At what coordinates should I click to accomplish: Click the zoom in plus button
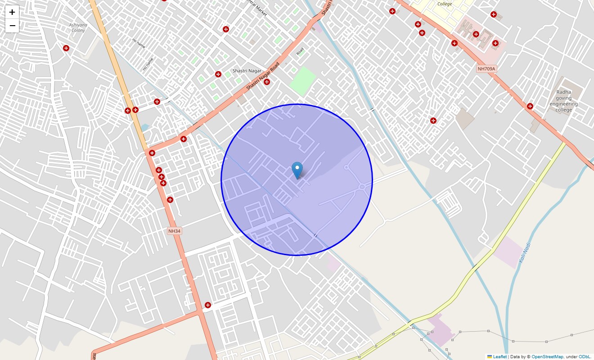point(12,12)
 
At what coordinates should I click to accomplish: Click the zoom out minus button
point(12,26)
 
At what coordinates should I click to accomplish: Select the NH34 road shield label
point(174,231)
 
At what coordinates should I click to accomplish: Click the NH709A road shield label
point(486,69)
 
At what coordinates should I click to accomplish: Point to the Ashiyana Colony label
point(78,27)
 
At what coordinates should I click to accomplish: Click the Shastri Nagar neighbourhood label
point(247,71)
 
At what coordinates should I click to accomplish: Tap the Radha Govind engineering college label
point(563,101)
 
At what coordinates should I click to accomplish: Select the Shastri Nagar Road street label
point(263,76)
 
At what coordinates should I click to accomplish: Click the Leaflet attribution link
point(499,356)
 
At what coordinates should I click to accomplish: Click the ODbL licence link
point(585,356)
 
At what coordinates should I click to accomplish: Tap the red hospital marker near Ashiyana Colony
point(66,48)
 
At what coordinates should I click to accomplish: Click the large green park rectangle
point(302,81)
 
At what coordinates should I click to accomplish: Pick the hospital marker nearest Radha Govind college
point(530,106)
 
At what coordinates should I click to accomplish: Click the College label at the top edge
point(445,4)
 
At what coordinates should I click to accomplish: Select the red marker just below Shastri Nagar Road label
point(267,82)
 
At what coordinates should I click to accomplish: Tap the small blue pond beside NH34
point(144,127)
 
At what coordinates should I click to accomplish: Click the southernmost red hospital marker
point(208,305)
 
